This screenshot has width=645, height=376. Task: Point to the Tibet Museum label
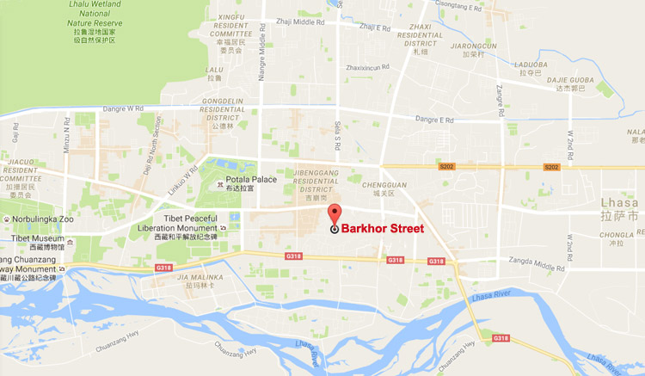(x=31, y=238)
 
